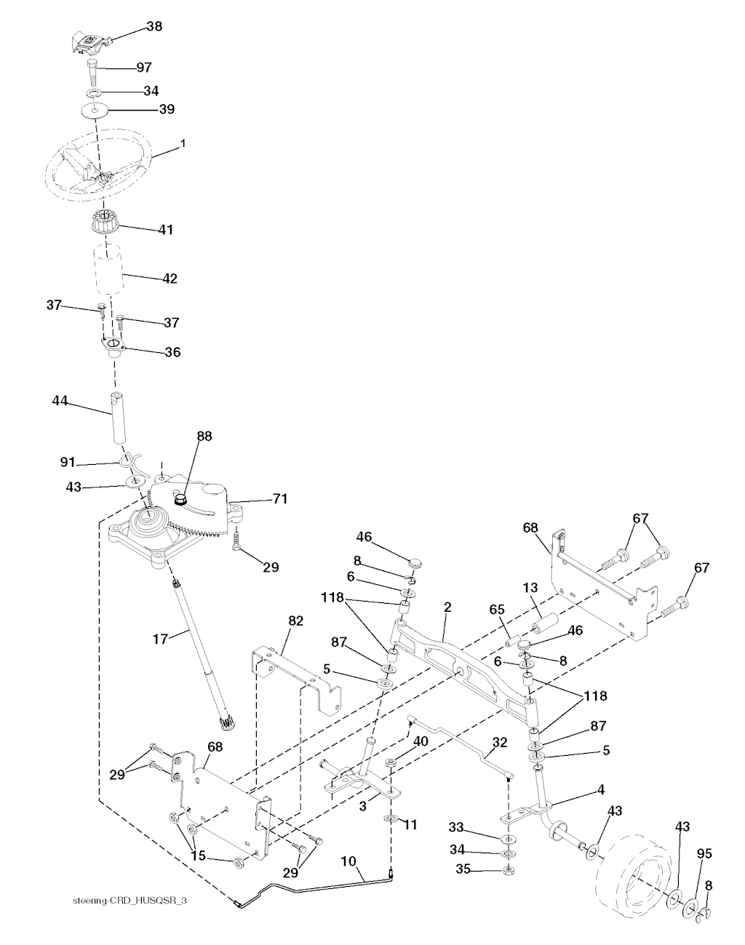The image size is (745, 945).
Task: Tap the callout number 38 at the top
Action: [x=154, y=26]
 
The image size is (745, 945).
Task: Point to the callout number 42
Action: [x=170, y=278]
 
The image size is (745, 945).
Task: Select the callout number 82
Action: [x=295, y=620]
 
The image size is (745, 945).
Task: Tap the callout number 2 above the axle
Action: [x=447, y=607]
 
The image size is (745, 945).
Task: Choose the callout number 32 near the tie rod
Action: [x=499, y=743]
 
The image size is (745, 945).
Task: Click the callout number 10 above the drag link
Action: [x=348, y=861]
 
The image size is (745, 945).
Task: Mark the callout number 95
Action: [x=704, y=853]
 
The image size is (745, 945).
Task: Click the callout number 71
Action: [x=279, y=499]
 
